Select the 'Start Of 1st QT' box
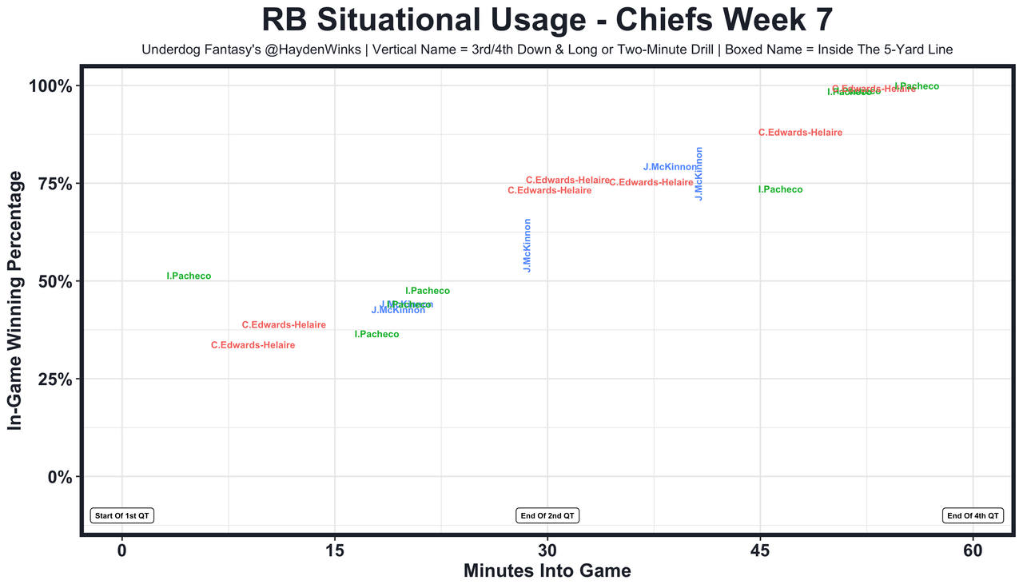click(x=121, y=515)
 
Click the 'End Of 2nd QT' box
click(x=547, y=515)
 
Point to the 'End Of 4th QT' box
click(x=973, y=515)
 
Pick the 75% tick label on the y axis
click(x=57, y=184)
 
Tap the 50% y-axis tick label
click(x=57, y=282)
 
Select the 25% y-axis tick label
click(x=57, y=379)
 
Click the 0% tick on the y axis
click(x=62, y=477)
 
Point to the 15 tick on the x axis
click(x=335, y=550)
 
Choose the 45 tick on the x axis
click(x=760, y=550)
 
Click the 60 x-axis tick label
click(x=973, y=550)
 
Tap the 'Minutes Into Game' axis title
click(x=547, y=571)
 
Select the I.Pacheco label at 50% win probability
click(x=189, y=276)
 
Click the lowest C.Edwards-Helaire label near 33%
click(x=253, y=345)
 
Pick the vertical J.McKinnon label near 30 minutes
click(x=527, y=245)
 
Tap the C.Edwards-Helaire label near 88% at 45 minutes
click(x=800, y=133)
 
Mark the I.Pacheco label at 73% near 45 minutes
click(x=780, y=190)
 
